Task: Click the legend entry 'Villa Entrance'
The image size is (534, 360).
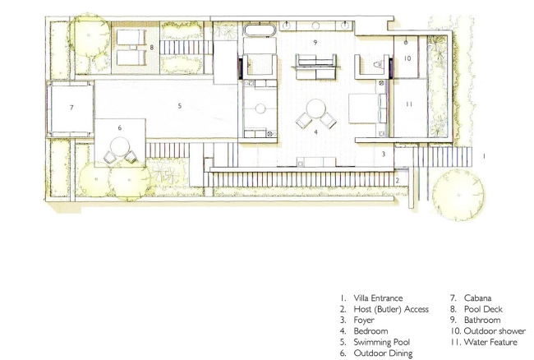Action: coord(378,298)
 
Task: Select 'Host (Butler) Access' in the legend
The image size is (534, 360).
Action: coord(391,309)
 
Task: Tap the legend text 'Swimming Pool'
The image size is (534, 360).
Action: coord(382,342)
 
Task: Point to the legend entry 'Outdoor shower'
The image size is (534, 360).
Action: coord(495,331)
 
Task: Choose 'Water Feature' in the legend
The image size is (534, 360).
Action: coord(490,342)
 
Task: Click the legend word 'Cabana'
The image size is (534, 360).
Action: coord(477,298)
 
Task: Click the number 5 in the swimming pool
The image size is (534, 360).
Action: coord(179,106)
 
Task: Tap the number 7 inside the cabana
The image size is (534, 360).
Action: coord(71,108)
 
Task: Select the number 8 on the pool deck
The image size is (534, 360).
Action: coord(152,48)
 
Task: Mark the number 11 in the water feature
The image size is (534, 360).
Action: coord(409,104)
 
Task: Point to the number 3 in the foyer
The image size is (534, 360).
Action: coord(384,154)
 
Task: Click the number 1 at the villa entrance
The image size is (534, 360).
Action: coord(484,156)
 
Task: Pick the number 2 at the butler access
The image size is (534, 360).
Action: coord(397,181)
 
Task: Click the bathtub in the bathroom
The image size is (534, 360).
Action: coord(260,30)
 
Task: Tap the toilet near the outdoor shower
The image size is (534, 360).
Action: coord(378,64)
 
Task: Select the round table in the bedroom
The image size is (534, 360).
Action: coord(316,108)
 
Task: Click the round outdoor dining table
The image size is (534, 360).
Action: coord(120,146)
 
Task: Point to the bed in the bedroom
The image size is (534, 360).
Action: coord(368,108)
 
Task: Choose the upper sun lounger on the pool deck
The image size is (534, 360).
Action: coord(131,37)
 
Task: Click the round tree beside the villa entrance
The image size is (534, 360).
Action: coord(458,195)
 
